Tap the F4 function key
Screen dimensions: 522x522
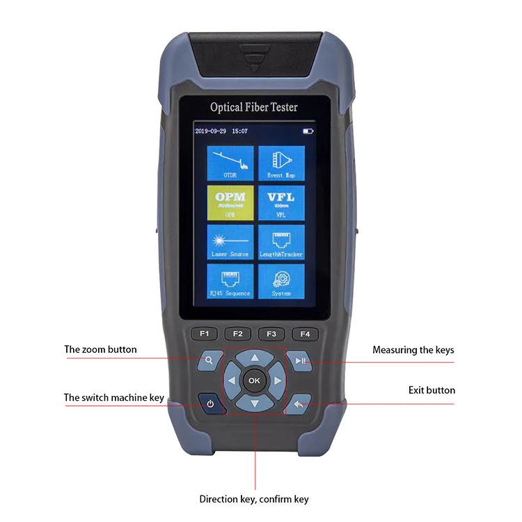pos(304,333)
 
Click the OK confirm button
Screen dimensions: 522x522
pos(254,380)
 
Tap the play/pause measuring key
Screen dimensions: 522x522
pos(300,361)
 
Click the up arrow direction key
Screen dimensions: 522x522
pos(254,357)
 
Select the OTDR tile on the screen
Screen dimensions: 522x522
pos(230,163)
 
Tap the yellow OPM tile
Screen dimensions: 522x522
pos(230,202)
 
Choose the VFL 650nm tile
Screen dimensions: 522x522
pos(281,202)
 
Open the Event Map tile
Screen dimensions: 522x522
pos(281,163)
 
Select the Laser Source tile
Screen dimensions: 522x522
pos(230,242)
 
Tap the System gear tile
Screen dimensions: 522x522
pos(281,281)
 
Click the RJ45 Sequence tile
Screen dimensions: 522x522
pos(230,281)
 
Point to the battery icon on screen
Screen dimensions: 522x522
pos(308,131)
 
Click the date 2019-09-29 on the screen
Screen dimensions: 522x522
pos(211,131)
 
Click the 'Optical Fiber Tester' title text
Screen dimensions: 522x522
pos(254,107)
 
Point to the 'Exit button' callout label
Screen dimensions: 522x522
pos(432,390)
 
